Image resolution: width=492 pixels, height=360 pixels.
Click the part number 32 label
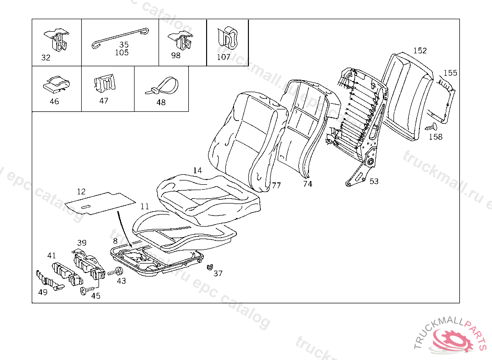[x=46, y=58]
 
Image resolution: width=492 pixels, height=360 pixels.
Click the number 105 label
[x=122, y=53]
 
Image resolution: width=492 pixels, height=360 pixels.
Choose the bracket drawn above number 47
[x=105, y=84]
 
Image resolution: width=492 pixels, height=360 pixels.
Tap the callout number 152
[x=420, y=50]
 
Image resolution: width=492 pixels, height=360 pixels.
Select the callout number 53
[x=374, y=181]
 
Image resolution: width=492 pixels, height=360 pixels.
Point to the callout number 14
[x=197, y=170]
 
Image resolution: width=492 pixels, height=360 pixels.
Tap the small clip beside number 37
[x=209, y=267]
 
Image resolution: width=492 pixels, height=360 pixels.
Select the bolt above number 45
[x=85, y=291]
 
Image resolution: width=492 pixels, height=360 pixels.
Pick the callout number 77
[x=276, y=185]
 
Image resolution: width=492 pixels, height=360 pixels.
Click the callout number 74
[x=307, y=184]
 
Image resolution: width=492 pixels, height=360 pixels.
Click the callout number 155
[x=450, y=73]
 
